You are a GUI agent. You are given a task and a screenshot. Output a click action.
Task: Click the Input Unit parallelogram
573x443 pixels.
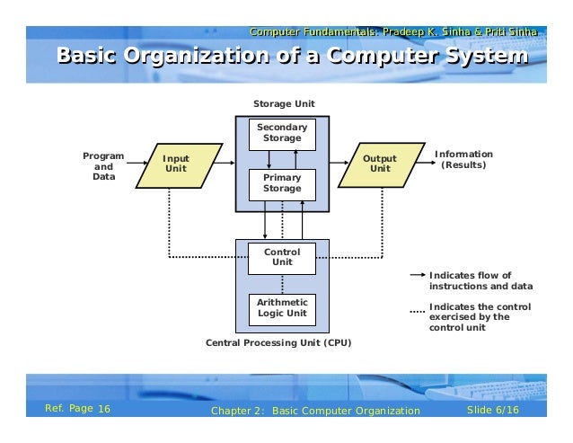click(x=177, y=164)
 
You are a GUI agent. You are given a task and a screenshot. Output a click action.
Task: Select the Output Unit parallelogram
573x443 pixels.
click(x=380, y=164)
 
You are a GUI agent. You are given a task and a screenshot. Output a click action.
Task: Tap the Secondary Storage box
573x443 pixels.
click(x=282, y=133)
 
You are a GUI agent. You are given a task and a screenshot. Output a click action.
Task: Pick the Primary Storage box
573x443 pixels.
click(x=282, y=184)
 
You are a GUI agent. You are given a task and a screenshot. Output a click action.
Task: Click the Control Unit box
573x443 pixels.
click(x=282, y=257)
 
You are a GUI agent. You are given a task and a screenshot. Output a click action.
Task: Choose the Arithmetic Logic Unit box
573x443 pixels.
click(x=282, y=308)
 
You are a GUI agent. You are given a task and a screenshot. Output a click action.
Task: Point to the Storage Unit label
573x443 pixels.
click(x=283, y=104)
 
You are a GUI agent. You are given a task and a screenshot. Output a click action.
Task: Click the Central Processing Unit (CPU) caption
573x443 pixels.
click(x=278, y=343)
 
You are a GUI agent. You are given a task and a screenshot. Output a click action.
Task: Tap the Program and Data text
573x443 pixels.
click(x=104, y=165)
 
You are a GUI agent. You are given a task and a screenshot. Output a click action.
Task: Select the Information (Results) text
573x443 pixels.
click(x=463, y=160)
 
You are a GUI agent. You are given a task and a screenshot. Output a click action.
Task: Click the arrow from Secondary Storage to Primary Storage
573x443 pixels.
click(x=268, y=159)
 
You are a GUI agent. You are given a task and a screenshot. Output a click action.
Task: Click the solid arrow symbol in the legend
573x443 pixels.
click(x=417, y=276)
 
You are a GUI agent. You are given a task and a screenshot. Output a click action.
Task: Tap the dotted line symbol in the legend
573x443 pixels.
click(x=417, y=312)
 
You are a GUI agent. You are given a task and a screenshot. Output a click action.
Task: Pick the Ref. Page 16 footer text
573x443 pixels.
click(x=77, y=410)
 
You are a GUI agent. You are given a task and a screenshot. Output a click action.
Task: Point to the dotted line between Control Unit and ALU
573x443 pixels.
click(x=282, y=282)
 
